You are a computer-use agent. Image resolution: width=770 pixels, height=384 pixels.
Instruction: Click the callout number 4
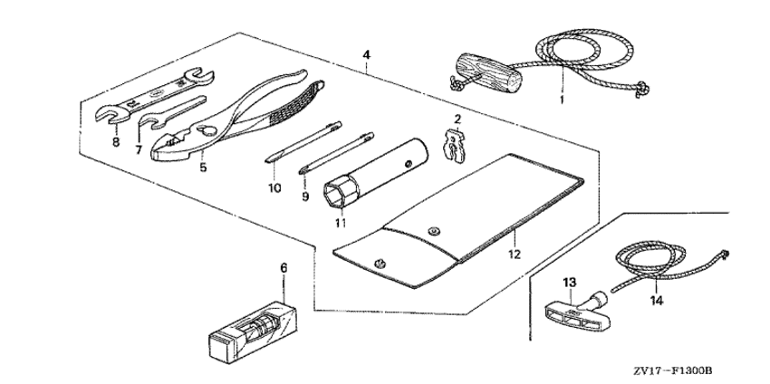tap(366, 55)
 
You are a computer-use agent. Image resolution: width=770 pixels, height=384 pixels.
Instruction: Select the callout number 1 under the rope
tap(562, 101)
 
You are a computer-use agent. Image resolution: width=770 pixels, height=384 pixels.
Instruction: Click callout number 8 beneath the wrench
tap(116, 142)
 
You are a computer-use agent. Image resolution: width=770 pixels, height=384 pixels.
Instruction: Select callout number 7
tap(139, 149)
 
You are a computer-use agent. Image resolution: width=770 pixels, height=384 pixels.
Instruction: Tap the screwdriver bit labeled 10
tap(303, 142)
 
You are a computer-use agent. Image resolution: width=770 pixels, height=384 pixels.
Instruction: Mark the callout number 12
tap(515, 254)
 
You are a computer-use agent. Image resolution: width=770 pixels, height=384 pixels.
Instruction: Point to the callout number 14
tap(657, 301)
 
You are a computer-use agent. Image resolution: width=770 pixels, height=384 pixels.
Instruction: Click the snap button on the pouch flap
tap(433, 230)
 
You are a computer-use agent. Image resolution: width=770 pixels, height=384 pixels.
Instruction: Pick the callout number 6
tap(284, 268)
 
